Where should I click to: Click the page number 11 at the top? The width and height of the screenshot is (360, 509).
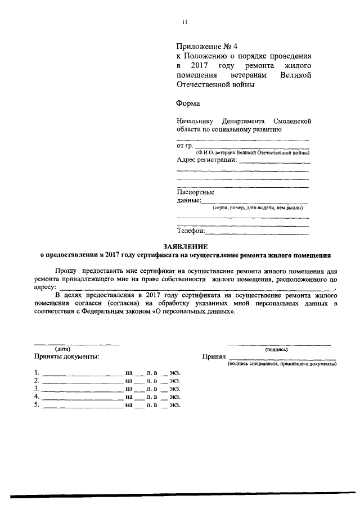coord(184,22)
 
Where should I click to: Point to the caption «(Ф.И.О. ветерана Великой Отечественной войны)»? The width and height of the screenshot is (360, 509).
coord(252,153)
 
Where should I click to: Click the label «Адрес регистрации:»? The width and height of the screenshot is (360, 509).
coord(206,160)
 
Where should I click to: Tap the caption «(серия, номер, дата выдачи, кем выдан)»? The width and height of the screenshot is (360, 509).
coord(261,209)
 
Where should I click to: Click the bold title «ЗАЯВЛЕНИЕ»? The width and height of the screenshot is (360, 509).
coord(186,246)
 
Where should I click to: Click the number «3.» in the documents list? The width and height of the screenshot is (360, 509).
coord(37,389)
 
